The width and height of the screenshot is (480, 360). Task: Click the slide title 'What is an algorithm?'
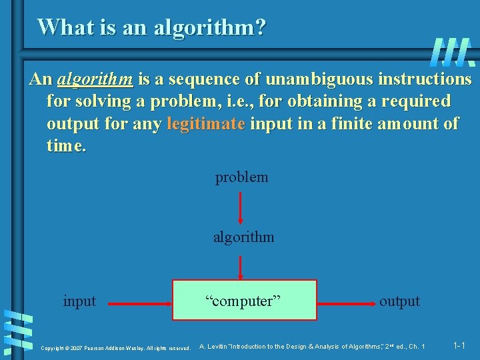[x=151, y=27]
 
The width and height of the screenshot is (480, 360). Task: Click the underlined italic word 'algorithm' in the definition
[x=95, y=79]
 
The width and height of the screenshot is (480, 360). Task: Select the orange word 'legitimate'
[x=206, y=123]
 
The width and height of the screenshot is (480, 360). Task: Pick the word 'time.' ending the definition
[x=66, y=145]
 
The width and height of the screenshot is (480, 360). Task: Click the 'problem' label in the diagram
[x=241, y=177]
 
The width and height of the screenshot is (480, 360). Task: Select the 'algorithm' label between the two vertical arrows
[x=243, y=237]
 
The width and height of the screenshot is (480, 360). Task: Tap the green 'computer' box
[x=245, y=300]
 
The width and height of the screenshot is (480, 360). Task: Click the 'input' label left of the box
[x=79, y=301]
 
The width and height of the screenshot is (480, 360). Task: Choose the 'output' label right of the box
[x=399, y=301]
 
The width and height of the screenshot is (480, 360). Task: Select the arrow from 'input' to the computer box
[x=140, y=303]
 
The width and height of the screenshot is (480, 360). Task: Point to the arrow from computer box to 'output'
[x=346, y=303]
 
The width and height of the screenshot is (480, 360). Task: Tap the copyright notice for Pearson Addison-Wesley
[x=115, y=348]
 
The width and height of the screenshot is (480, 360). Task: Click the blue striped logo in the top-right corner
[x=453, y=51]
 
